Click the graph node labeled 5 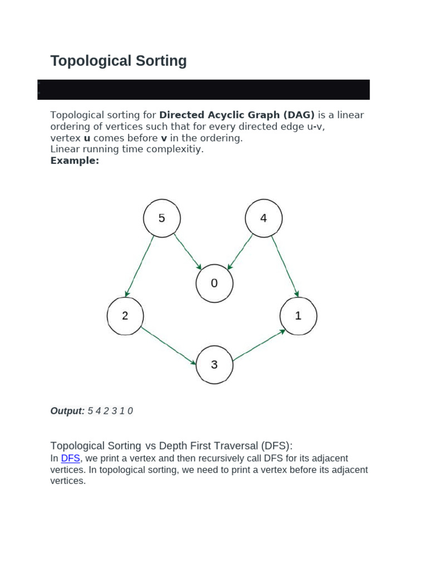tap(162, 218)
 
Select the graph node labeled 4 tap(264, 218)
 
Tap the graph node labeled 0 tap(214, 283)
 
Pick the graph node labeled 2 tap(125, 316)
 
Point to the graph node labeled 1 tap(298, 316)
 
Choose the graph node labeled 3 tap(214, 365)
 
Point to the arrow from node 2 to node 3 tap(168, 345)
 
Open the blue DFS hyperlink tap(70, 458)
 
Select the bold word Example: tap(75, 161)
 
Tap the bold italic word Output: tap(67, 411)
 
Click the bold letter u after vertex tap(87, 138)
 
